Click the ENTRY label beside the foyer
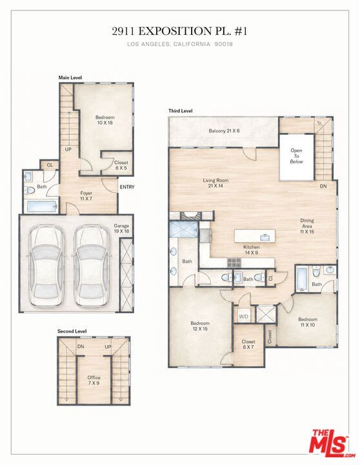pyautogui.click(x=127, y=187)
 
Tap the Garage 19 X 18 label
pyautogui.click(x=121, y=229)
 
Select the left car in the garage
pyautogui.click(x=46, y=266)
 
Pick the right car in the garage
pyautogui.click(x=90, y=266)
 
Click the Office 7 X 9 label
pyautogui.click(x=94, y=380)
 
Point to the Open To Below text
pyautogui.click(x=296, y=156)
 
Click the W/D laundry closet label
pyautogui.click(x=244, y=316)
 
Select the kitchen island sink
pyautogui.click(x=265, y=237)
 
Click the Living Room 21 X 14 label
pyautogui.click(x=215, y=183)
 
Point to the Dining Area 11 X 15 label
pyautogui.click(x=306, y=226)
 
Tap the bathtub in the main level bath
pyautogui.click(x=41, y=207)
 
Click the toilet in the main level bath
pyautogui.click(x=29, y=190)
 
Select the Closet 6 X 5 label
pyautogui.click(x=121, y=165)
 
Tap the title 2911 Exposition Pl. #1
pyautogui.click(x=179, y=31)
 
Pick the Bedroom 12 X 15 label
pyautogui.click(x=200, y=326)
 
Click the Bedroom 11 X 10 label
pyautogui.click(x=308, y=322)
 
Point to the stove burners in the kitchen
pyautogui.click(x=234, y=262)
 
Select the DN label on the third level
pyautogui.click(x=323, y=186)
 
